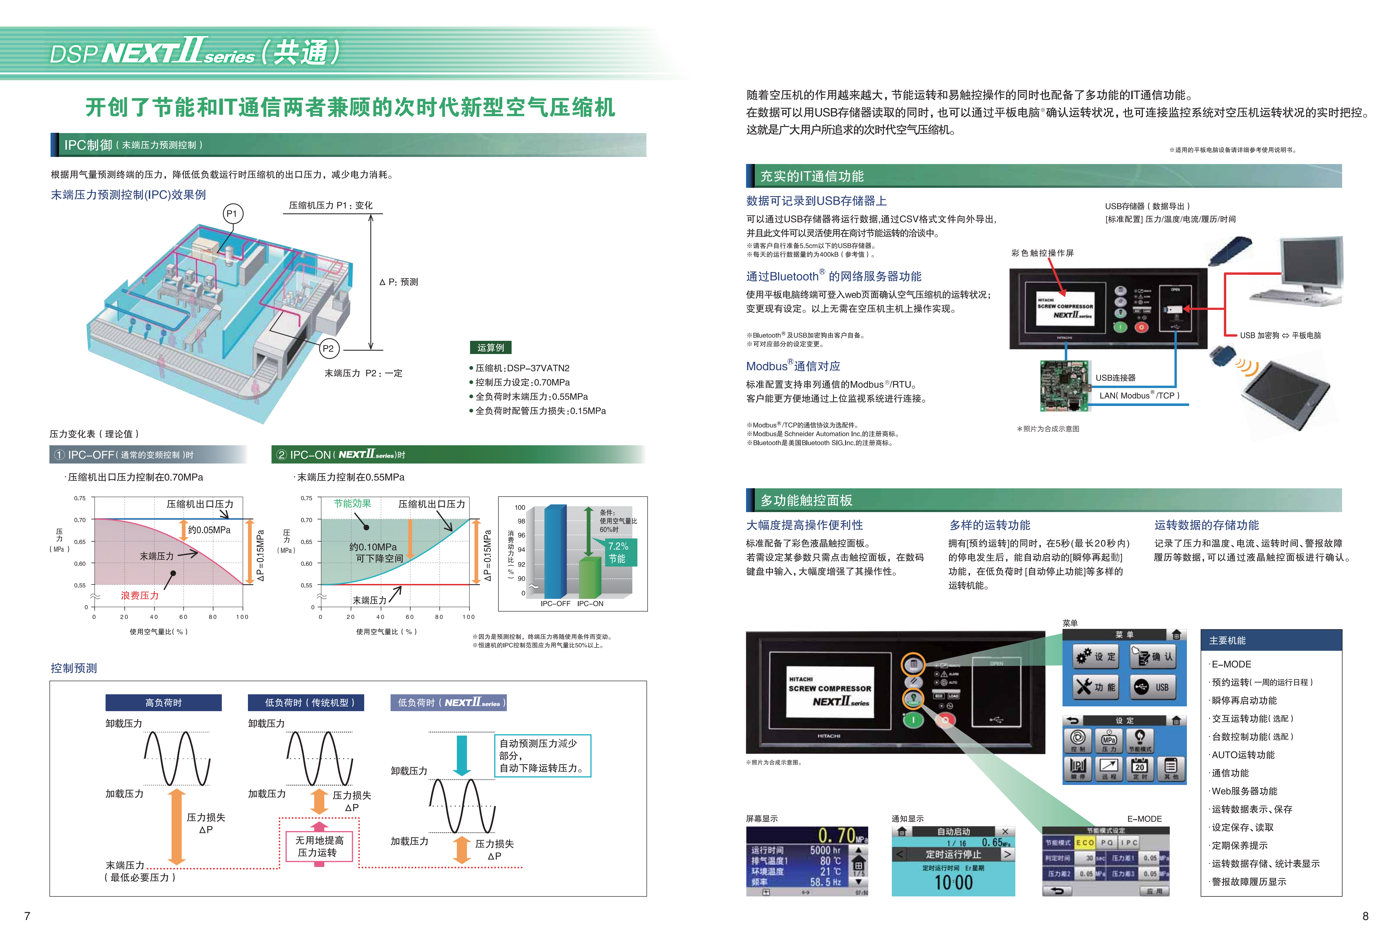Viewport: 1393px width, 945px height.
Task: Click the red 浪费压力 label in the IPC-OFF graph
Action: click(140, 595)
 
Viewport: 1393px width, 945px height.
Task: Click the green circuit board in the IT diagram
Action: click(1064, 385)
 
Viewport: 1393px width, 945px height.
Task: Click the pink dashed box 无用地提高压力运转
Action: click(320, 846)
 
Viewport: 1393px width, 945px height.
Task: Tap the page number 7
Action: click(27, 916)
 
